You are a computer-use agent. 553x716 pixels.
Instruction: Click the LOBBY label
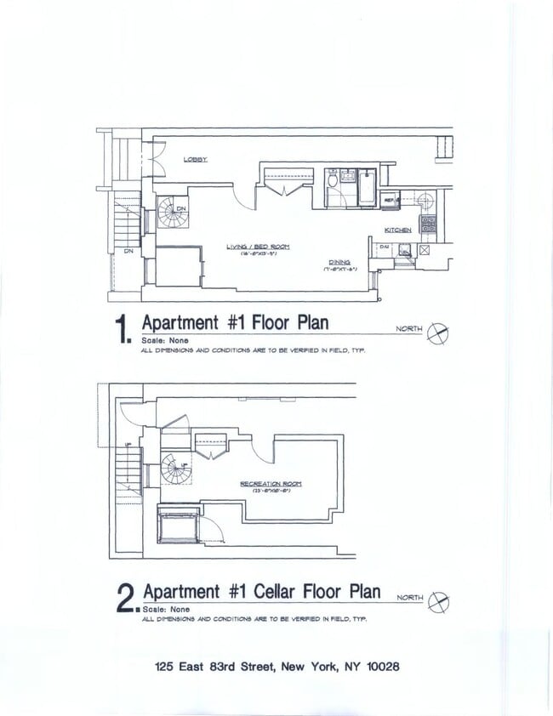[196, 160]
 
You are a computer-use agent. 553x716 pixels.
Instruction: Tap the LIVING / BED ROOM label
[258, 247]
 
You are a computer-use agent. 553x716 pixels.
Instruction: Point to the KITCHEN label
[397, 230]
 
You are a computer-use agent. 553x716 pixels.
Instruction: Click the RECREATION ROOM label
[271, 483]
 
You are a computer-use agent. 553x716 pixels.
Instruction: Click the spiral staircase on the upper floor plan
[173, 213]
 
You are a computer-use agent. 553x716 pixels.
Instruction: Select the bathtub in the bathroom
[367, 188]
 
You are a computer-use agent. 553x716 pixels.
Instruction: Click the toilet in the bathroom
[332, 179]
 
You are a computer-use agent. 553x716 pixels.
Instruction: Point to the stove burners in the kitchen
[428, 224]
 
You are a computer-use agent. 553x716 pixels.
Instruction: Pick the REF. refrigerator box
[391, 201]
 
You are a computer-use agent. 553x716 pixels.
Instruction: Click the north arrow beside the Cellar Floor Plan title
[440, 601]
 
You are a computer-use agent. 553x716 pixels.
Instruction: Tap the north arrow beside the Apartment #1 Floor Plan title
[439, 333]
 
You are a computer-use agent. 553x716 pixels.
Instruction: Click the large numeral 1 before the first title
[123, 330]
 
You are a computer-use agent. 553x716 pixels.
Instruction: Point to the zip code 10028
[379, 668]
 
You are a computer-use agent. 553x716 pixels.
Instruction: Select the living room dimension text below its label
[258, 254]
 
